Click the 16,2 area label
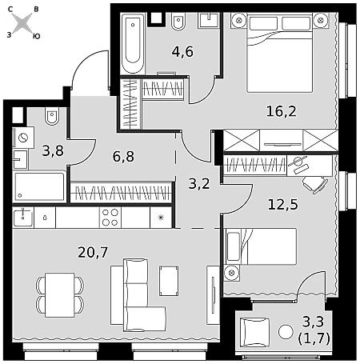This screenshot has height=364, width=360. coord(282,111)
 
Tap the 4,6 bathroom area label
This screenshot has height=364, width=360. coord(182,51)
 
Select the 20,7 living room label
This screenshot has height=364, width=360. coord(93,252)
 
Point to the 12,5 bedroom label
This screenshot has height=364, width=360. coord(282,205)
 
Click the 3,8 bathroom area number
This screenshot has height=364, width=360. coord(53,150)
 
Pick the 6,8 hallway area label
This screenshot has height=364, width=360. coord(123,157)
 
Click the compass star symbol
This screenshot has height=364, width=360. coord(22,23)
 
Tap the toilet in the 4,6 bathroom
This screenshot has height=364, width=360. coord(178,22)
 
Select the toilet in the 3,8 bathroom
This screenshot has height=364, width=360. coord(52,117)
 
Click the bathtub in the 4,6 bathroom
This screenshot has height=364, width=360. coord(133,43)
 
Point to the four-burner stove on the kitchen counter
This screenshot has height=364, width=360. coord(110,218)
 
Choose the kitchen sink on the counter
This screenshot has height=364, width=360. coord(23,218)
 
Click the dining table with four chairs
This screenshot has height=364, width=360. coord(60,295)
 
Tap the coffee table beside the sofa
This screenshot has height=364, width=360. coord(169,281)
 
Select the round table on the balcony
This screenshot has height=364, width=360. coord(286,332)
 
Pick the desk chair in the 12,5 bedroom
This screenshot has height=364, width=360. coord(315,185)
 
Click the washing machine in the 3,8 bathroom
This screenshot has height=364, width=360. coord(23,138)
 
